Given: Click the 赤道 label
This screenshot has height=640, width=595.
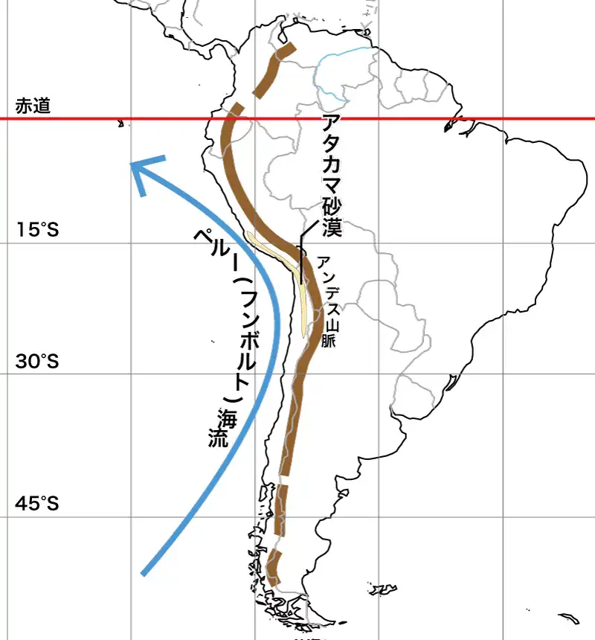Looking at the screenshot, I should (x=33, y=106).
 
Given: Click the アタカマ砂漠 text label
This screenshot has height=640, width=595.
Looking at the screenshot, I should (x=332, y=176).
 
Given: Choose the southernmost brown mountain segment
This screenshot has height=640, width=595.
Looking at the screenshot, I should (x=274, y=569).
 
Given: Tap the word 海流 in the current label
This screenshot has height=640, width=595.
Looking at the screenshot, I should (x=223, y=428).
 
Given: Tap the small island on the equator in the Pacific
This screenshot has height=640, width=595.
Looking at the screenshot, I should (x=120, y=124).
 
